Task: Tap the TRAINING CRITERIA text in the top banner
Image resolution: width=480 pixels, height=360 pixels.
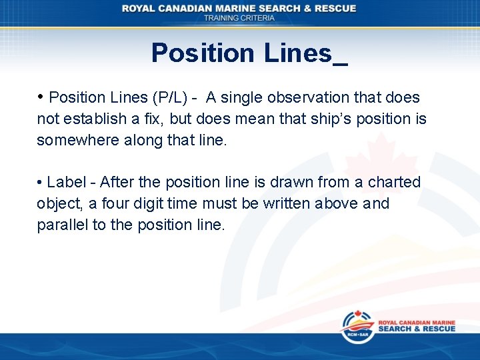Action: click(239, 18)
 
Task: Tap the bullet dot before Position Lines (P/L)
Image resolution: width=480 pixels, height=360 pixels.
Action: click(41, 97)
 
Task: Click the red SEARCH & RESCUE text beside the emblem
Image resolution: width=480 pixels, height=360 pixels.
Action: click(417, 329)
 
